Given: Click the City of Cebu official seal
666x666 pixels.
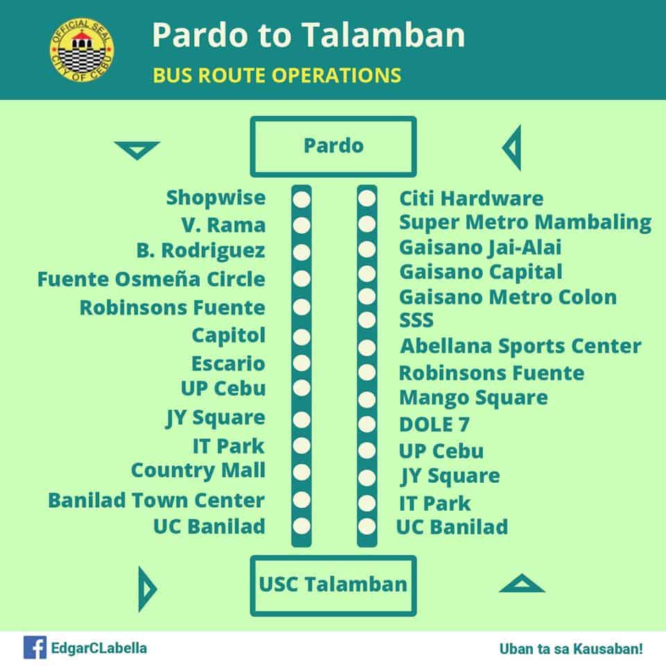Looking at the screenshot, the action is tap(82, 50).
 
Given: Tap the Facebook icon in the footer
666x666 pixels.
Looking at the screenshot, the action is tap(35, 647).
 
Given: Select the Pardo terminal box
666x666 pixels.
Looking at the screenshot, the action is tap(334, 146).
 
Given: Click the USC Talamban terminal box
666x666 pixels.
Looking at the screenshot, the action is tap(334, 586).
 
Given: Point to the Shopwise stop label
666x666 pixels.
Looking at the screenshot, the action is tap(216, 198).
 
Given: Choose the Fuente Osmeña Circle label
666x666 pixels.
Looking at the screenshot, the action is tap(151, 279).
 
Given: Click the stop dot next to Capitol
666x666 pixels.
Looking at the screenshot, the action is tap(302, 337).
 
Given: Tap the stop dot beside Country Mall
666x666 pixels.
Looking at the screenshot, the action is tap(302, 472).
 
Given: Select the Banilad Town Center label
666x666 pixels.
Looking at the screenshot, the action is tap(156, 500).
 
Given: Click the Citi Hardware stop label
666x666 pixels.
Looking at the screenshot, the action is tap(472, 198).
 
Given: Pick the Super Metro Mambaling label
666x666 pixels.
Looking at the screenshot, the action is tap(525, 223).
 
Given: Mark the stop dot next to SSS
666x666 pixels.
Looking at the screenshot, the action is tap(367, 319).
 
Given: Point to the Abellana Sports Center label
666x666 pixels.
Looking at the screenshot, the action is tap(521, 345).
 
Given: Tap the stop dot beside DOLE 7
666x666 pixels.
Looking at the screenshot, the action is tap(367, 424).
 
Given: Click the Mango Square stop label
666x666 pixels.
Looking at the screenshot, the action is tap(474, 398).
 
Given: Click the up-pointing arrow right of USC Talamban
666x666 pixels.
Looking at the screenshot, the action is tap(522, 583).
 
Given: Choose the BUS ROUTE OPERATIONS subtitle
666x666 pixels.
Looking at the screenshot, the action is tap(277, 75).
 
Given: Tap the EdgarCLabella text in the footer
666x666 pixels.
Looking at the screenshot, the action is tap(99, 649).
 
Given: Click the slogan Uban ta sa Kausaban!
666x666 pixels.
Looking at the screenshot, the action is tap(571, 649).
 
